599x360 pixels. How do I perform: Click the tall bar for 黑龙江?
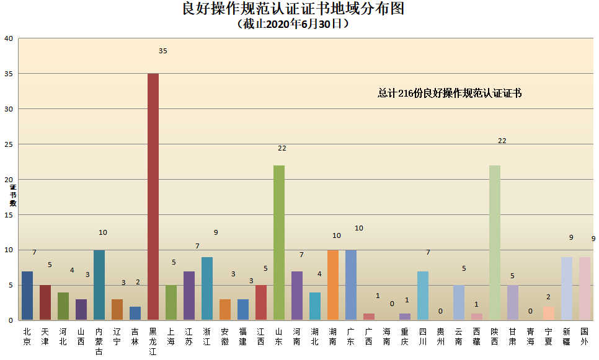[x=153, y=196]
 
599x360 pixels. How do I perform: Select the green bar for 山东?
[x=279, y=242]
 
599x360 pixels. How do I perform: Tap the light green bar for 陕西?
[x=495, y=242]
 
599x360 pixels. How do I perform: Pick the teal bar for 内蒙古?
[x=99, y=284]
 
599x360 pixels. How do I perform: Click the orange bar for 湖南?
[x=333, y=284]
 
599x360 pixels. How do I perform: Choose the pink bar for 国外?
[x=585, y=288]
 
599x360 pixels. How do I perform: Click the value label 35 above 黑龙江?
[x=162, y=51]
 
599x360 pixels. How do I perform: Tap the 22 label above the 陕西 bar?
[x=502, y=141]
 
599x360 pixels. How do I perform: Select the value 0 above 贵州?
[x=440, y=312]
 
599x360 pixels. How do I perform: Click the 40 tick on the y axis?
[x=9, y=38]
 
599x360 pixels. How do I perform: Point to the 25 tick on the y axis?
[x=9, y=144]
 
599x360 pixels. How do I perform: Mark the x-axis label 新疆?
[x=567, y=336]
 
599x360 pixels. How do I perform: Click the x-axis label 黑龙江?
[x=153, y=341]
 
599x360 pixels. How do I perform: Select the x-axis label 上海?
[x=171, y=336]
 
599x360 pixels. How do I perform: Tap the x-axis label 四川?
[x=423, y=336]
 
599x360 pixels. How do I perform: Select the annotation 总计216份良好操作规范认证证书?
[x=450, y=94]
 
